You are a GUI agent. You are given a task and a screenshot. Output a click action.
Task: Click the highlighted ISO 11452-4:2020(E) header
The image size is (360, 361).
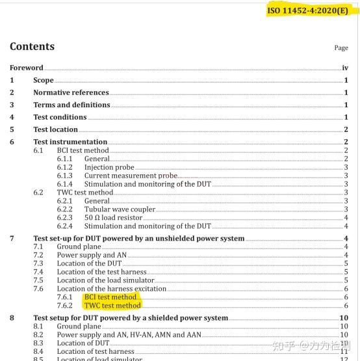307,11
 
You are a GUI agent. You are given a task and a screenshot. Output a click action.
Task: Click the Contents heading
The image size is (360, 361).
32,47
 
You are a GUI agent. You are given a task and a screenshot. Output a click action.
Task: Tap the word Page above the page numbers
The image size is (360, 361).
341,48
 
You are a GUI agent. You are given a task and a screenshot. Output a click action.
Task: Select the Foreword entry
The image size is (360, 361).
26,68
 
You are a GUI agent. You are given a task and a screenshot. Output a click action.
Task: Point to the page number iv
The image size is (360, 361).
345,68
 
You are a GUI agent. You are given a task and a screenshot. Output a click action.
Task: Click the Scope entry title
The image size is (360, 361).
44,80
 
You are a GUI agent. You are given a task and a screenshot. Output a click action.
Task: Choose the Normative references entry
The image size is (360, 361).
71,92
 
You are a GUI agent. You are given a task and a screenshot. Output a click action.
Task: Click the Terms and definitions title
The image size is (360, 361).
71,105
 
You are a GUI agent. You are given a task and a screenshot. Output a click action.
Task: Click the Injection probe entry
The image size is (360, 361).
109,167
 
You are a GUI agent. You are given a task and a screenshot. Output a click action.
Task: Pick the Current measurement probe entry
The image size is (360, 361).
130,176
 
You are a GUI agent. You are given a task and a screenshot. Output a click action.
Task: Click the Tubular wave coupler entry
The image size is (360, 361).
120,209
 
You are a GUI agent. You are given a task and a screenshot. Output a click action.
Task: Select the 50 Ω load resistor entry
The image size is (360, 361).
113,218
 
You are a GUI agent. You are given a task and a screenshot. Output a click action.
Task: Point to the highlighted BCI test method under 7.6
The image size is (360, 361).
110,297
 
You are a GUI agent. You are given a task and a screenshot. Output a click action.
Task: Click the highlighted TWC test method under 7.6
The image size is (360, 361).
112,305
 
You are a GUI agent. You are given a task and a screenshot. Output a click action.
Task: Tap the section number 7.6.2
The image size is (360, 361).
65,305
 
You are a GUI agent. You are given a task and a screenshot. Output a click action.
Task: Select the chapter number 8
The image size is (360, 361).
12,318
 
